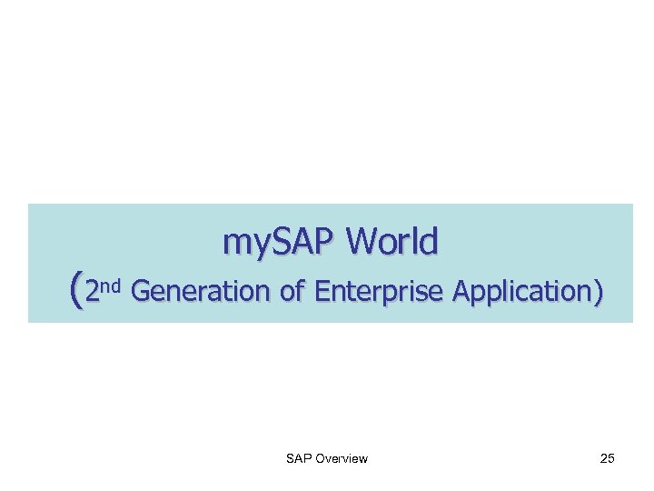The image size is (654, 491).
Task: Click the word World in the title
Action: (392, 242)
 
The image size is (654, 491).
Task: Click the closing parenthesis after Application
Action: (596, 291)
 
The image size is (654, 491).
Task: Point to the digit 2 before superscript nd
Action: (90, 291)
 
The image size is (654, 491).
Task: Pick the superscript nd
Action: (110, 286)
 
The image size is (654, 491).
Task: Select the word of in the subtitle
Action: (292, 291)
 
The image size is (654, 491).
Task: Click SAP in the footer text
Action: (298, 458)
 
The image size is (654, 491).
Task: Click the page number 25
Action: (608, 458)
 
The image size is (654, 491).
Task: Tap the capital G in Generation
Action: (141, 291)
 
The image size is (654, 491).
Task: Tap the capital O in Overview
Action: (318, 458)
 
